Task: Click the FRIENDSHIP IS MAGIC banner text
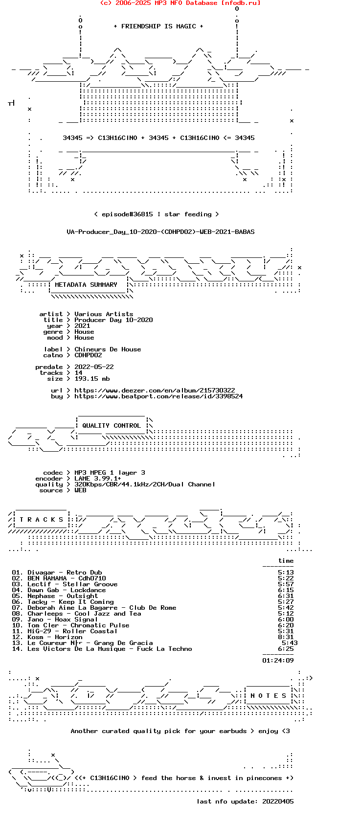pyautogui.click(x=158, y=26)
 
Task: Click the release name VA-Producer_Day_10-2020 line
pyautogui.click(x=160, y=232)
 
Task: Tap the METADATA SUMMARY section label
pyautogui.click(x=86, y=285)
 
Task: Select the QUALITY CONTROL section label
pyautogui.click(x=112, y=425)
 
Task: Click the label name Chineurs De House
pyautogui.click(x=108, y=349)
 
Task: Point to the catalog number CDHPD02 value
pyautogui.click(x=88, y=355)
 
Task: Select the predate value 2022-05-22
pyautogui.click(x=94, y=367)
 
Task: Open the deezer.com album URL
pyautogui.click(x=155, y=391)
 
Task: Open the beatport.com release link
pyautogui.click(x=158, y=396)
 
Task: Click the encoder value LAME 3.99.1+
pyautogui.click(x=98, y=478)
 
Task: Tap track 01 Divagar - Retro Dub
pyautogui.click(x=57, y=572)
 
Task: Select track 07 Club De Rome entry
pyautogui.click(x=94, y=608)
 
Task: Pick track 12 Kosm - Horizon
pyautogui.click(x=47, y=637)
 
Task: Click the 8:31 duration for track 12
pyautogui.click(x=286, y=637)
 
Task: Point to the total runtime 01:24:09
pyautogui.click(x=278, y=660)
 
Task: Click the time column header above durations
pyautogui.click(x=286, y=561)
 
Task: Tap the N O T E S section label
pyautogui.click(x=269, y=696)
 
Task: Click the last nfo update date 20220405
pyautogui.click(x=278, y=802)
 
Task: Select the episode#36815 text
pyautogui.click(x=127, y=214)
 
